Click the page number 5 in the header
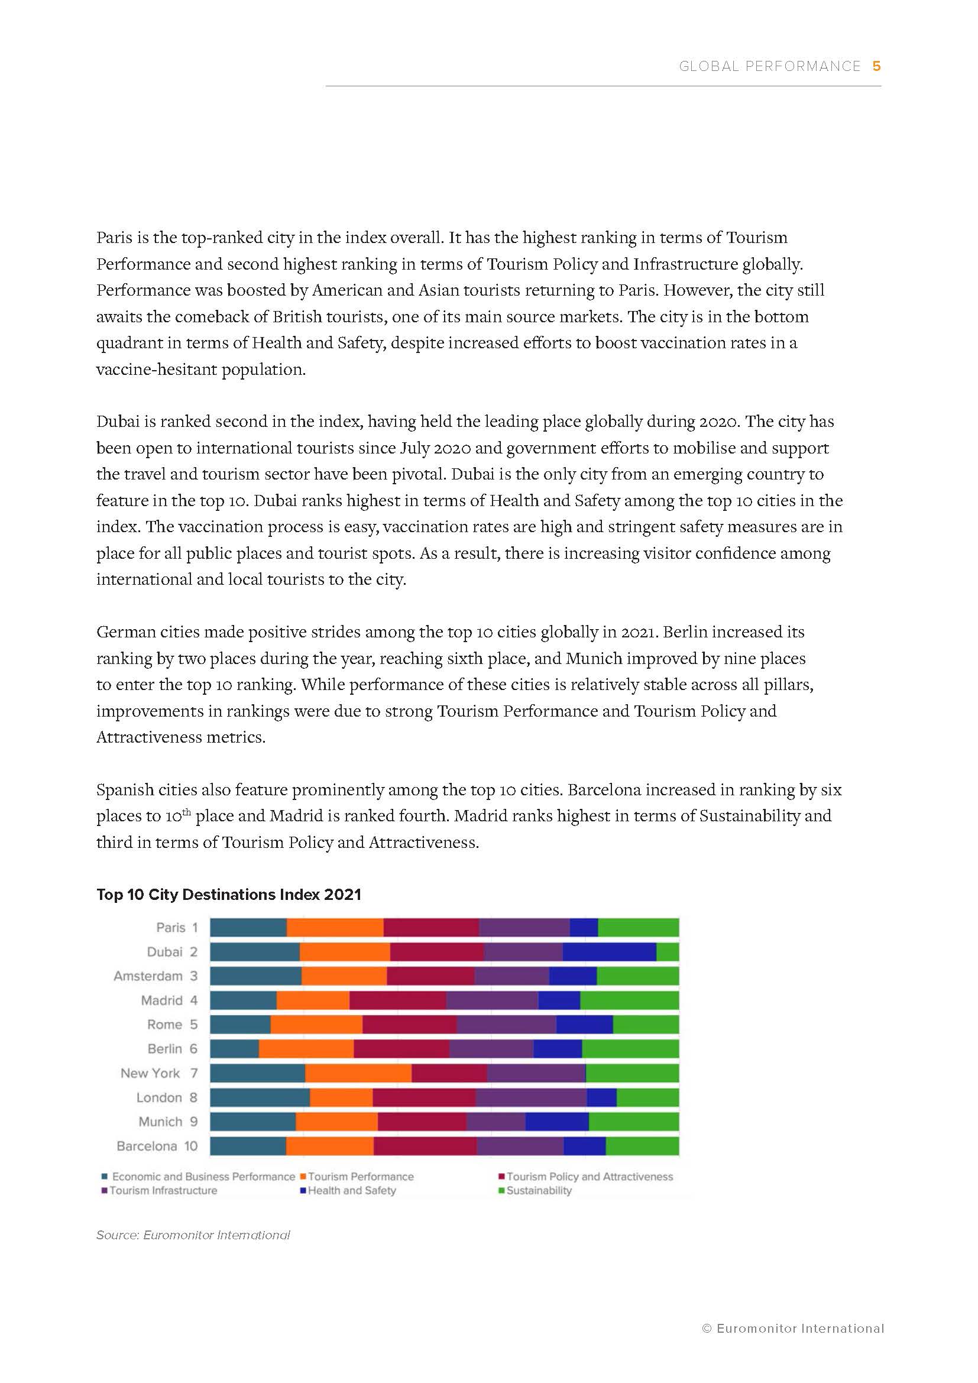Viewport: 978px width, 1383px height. [x=876, y=66]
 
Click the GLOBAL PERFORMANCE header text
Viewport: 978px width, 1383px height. [x=770, y=66]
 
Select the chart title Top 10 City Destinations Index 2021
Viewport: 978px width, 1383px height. [x=229, y=895]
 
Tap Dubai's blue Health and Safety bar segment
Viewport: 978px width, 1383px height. [x=609, y=952]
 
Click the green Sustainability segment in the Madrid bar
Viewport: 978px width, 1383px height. [x=629, y=1000]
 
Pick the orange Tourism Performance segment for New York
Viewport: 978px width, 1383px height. [x=358, y=1073]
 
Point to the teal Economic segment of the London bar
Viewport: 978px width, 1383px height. [x=260, y=1097]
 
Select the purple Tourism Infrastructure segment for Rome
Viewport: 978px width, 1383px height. [x=507, y=1025]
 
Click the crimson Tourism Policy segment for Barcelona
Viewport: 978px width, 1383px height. [x=425, y=1146]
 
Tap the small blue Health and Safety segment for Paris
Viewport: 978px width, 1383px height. [x=584, y=928]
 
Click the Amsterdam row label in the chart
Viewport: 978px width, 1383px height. [x=148, y=976]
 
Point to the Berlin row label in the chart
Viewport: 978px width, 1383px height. [x=165, y=1049]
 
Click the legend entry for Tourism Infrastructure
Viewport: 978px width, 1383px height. [x=163, y=1191]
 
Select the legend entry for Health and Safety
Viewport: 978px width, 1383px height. [x=352, y=1191]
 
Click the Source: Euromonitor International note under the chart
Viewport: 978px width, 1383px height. [x=193, y=1235]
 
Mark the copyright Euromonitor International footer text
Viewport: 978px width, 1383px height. [x=792, y=1328]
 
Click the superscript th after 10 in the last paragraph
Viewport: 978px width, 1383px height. [x=186, y=812]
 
